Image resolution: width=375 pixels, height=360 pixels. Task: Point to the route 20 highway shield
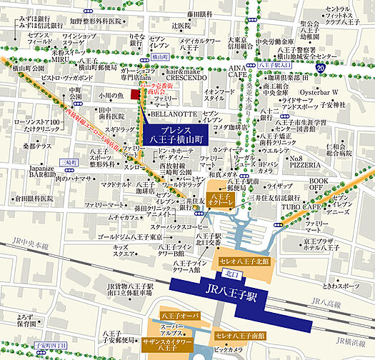click(321, 67)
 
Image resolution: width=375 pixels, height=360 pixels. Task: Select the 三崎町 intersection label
click(69, 162)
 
